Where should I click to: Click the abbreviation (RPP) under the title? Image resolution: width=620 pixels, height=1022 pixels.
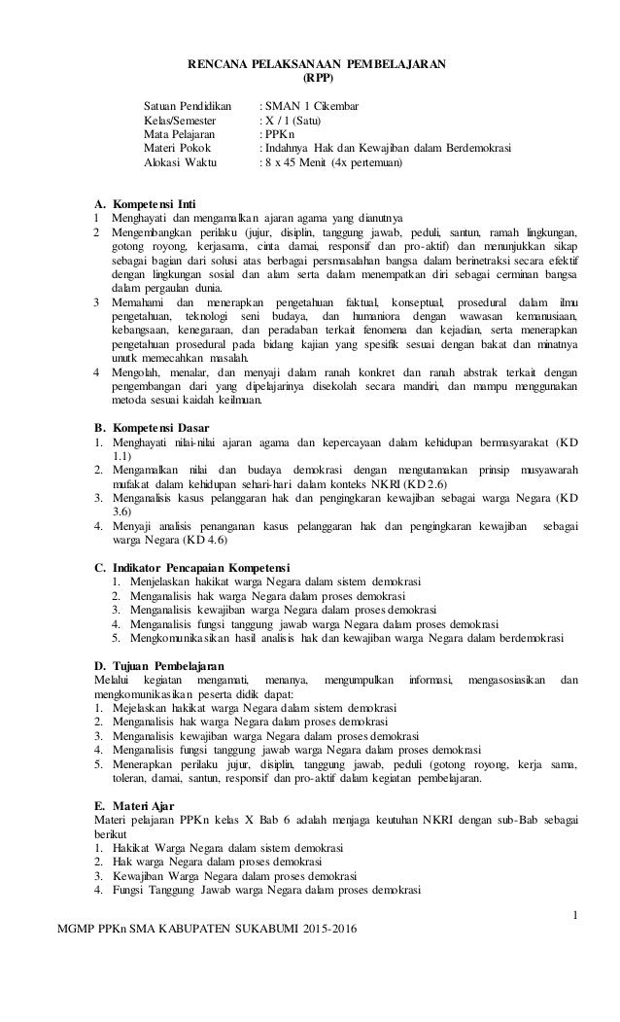click(317, 76)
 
